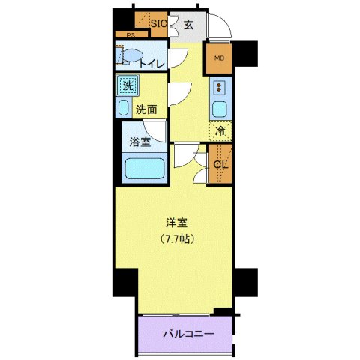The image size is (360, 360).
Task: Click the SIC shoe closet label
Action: click(x=157, y=23)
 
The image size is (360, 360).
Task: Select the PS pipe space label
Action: click(x=130, y=35)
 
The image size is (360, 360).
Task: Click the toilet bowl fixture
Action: click(x=130, y=55)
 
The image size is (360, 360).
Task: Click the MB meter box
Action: click(x=220, y=58)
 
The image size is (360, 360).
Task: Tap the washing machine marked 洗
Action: click(x=127, y=85)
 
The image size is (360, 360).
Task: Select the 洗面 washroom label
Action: click(x=145, y=109)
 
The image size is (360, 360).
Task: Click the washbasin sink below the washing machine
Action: click(x=124, y=106)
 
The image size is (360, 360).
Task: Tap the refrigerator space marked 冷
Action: click(x=220, y=131)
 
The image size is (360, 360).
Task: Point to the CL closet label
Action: click(x=220, y=166)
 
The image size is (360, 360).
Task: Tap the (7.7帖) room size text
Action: click(x=177, y=240)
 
